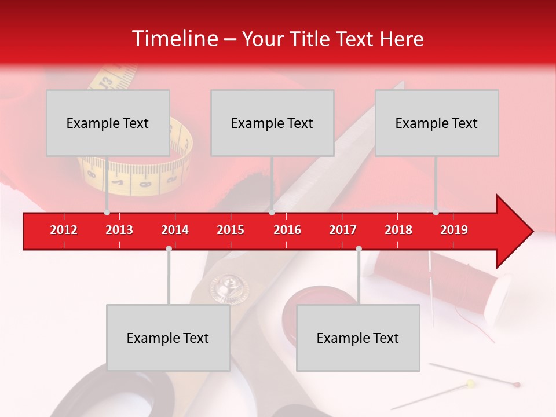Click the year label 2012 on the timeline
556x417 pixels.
pyautogui.click(x=64, y=230)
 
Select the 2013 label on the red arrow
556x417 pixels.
pyautogui.click(x=119, y=230)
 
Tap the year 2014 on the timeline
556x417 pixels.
pyautogui.click(x=175, y=230)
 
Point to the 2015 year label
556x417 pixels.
pyautogui.click(x=231, y=230)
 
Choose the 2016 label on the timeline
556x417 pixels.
pyautogui.click(x=287, y=230)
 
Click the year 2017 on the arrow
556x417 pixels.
pyautogui.click(x=343, y=230)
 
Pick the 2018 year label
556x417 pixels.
pyautogui.click(x=398, y=230)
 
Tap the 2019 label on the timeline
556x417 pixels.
pyautogui.click(x=454, y=230)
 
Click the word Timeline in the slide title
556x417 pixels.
pyautogui.click(x=174, y=39)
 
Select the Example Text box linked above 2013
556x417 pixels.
pyautogui.click(x=108, y=123)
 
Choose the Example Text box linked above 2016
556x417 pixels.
pyautogui.click(x=272, y=123)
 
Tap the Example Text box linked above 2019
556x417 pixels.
pyautogui.click(x=437, y=123)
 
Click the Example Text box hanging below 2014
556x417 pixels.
pyautogui.click(x=168, y=338)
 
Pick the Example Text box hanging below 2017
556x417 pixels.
pyautogui.click(x=358, y=338)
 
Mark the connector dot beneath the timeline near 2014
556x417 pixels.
pyautogui.click(x=169, y=248)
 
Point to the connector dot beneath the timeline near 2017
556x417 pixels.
pyautogui.click(x=359, y=248)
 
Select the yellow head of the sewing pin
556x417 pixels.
pyautogui.click(x=470, y=383)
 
